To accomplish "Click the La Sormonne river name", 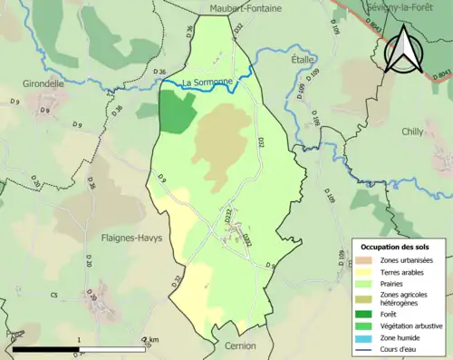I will point(207,83).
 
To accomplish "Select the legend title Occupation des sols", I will point(396,247).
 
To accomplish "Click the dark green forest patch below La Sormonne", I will point(178,112).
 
